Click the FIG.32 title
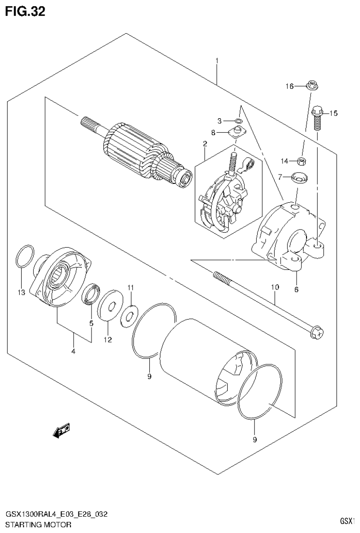pos(25,11)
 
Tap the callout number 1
pos(217,61)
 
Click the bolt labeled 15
pos(317,117)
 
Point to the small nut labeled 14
pos(302,161)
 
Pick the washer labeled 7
pos(298,177)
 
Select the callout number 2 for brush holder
pos(205,143)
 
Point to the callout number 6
pos(296,289)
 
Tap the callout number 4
pos(74,352)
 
